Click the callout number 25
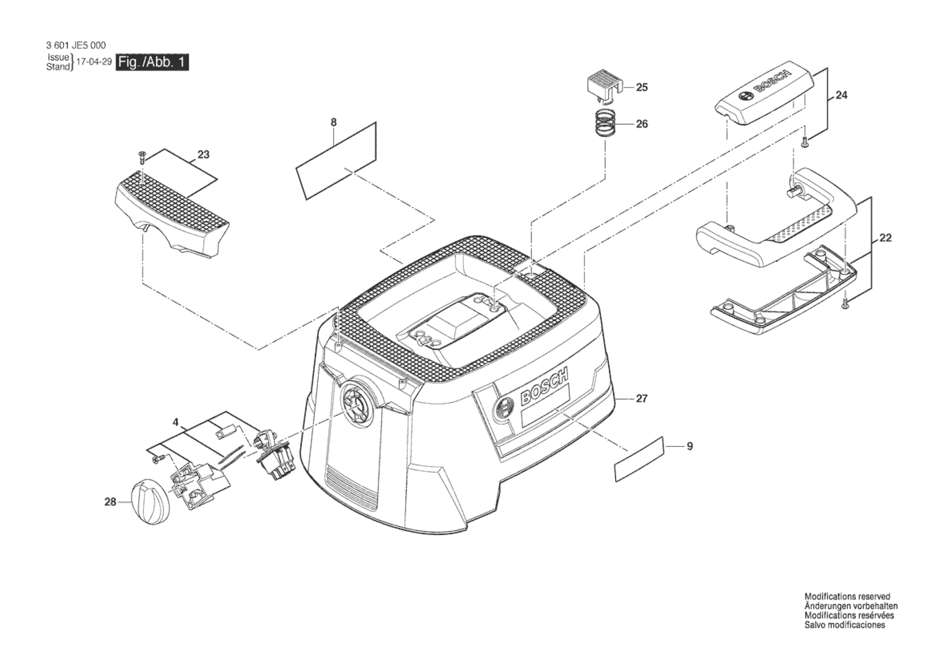642,87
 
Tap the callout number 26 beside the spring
642,124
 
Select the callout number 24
841,95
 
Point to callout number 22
885,238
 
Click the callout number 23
203,155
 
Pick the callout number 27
642,398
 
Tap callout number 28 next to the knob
110,502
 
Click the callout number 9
689,447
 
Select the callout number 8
333,122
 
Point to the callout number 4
175,422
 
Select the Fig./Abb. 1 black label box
152,63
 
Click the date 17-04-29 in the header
94,63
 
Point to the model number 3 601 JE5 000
76,45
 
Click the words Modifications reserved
847,597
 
